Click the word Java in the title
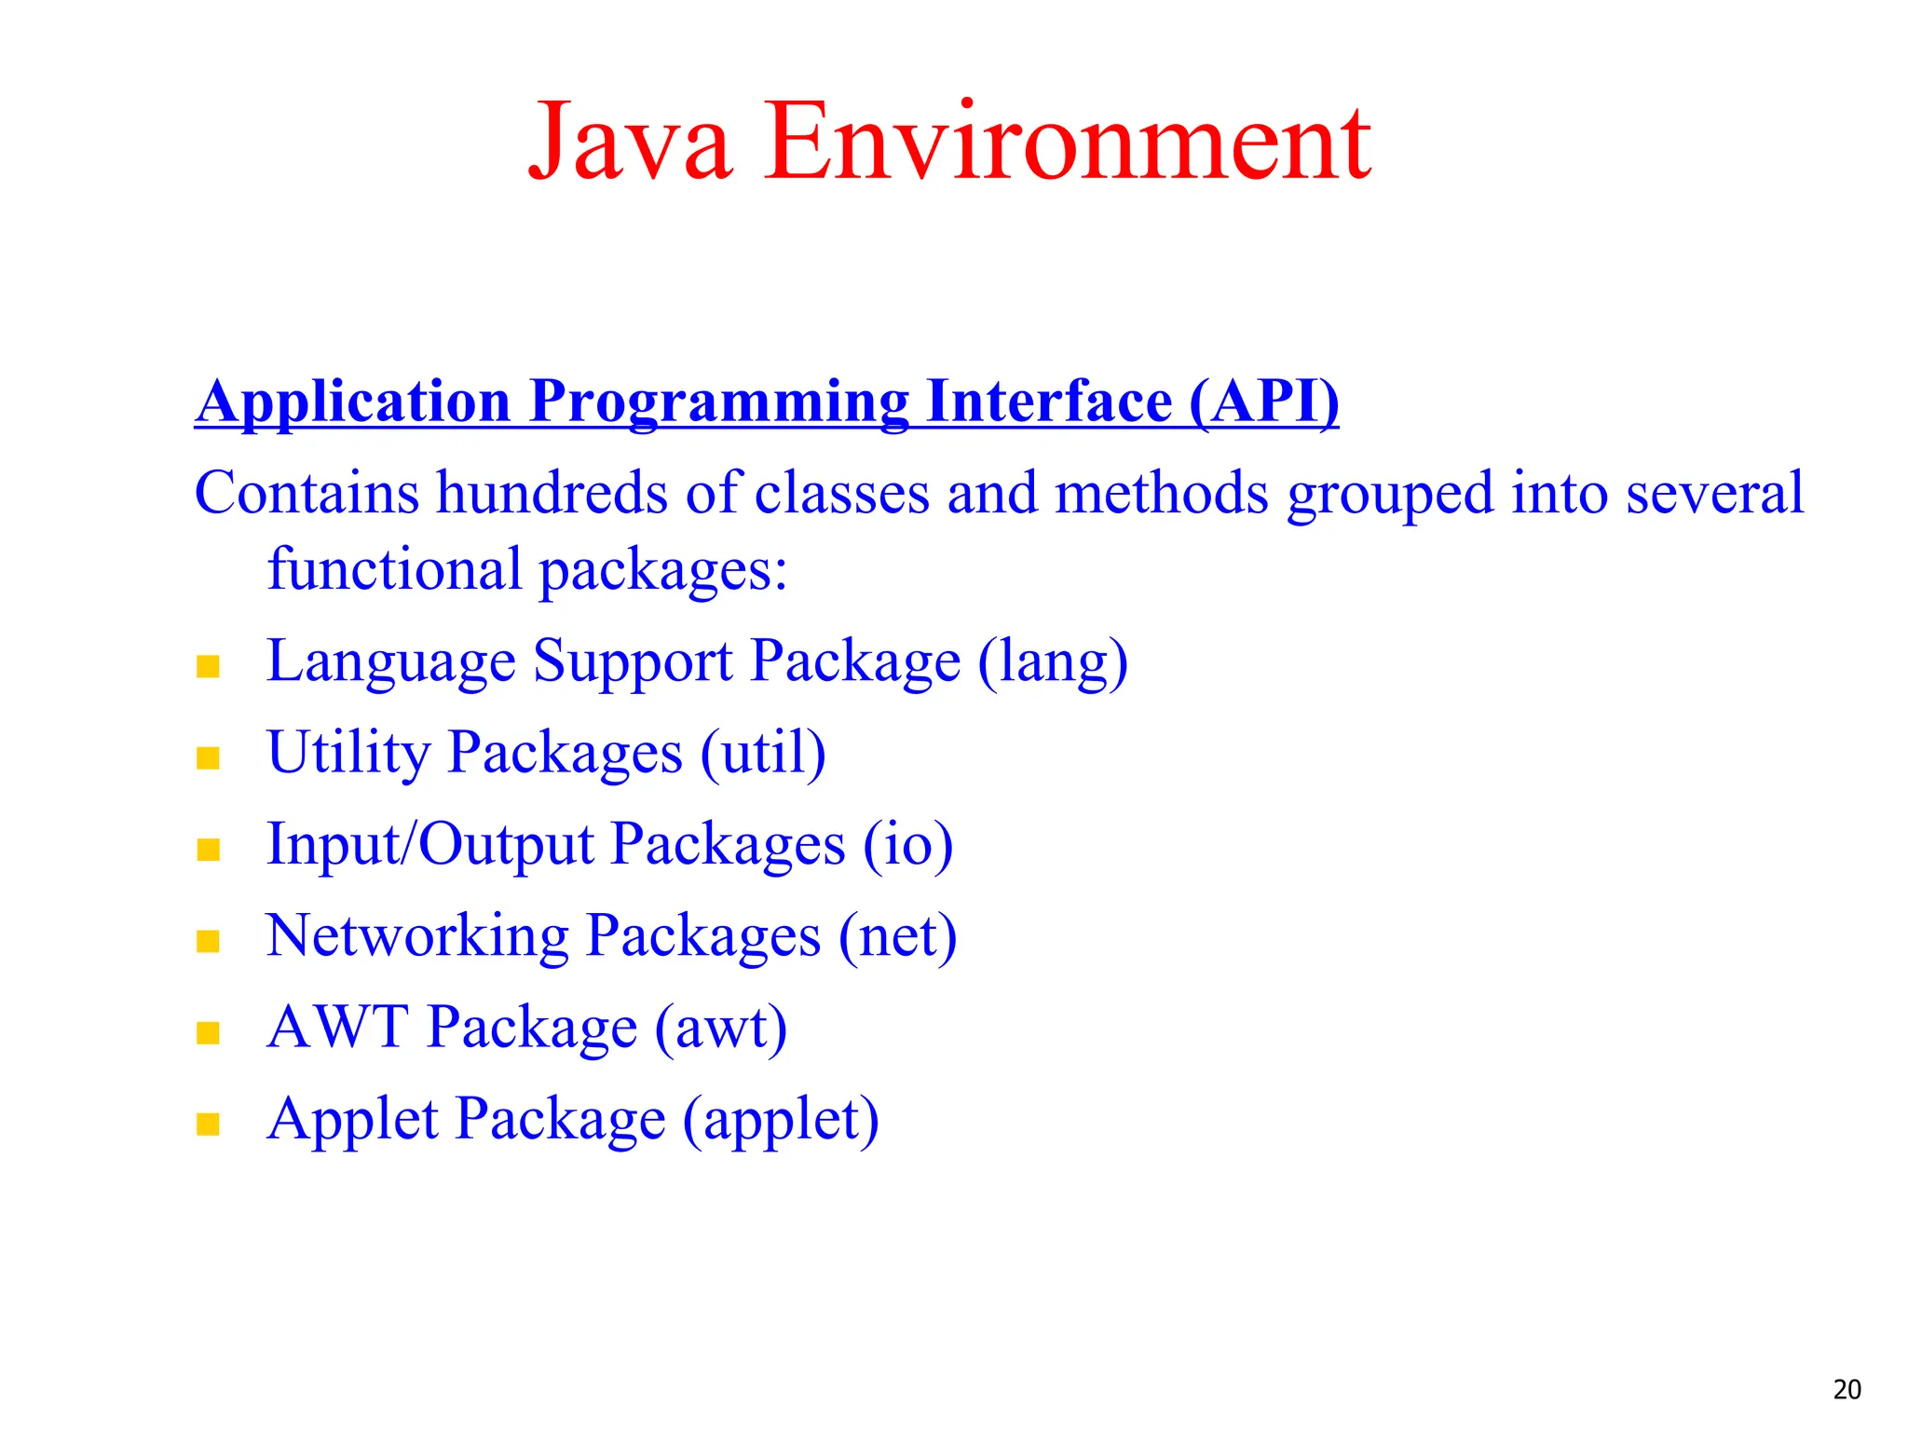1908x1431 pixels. (x=630, y=143)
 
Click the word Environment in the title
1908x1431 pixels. (x=1068, y=143)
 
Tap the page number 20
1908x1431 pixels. (x=1847, y=1389)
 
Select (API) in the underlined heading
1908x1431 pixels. (x=1264, y=402)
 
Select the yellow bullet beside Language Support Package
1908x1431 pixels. (x=208, y=666)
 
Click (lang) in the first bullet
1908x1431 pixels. (x=1053, y=662)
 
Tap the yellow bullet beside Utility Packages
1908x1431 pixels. (x=208, y=757)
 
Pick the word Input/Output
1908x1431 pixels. (x=429, y=845)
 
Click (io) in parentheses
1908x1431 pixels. (x=907, y=845)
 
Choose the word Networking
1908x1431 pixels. (x=417, y=935)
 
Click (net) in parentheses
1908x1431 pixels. (x=897, y=936)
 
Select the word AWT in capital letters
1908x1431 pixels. (x=337, y=1027)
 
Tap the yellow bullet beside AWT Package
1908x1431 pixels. (x=208, y=1032)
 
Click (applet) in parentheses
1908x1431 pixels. (x=781, y=1120)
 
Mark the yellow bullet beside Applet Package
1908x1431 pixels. (x=208, y=1124)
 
